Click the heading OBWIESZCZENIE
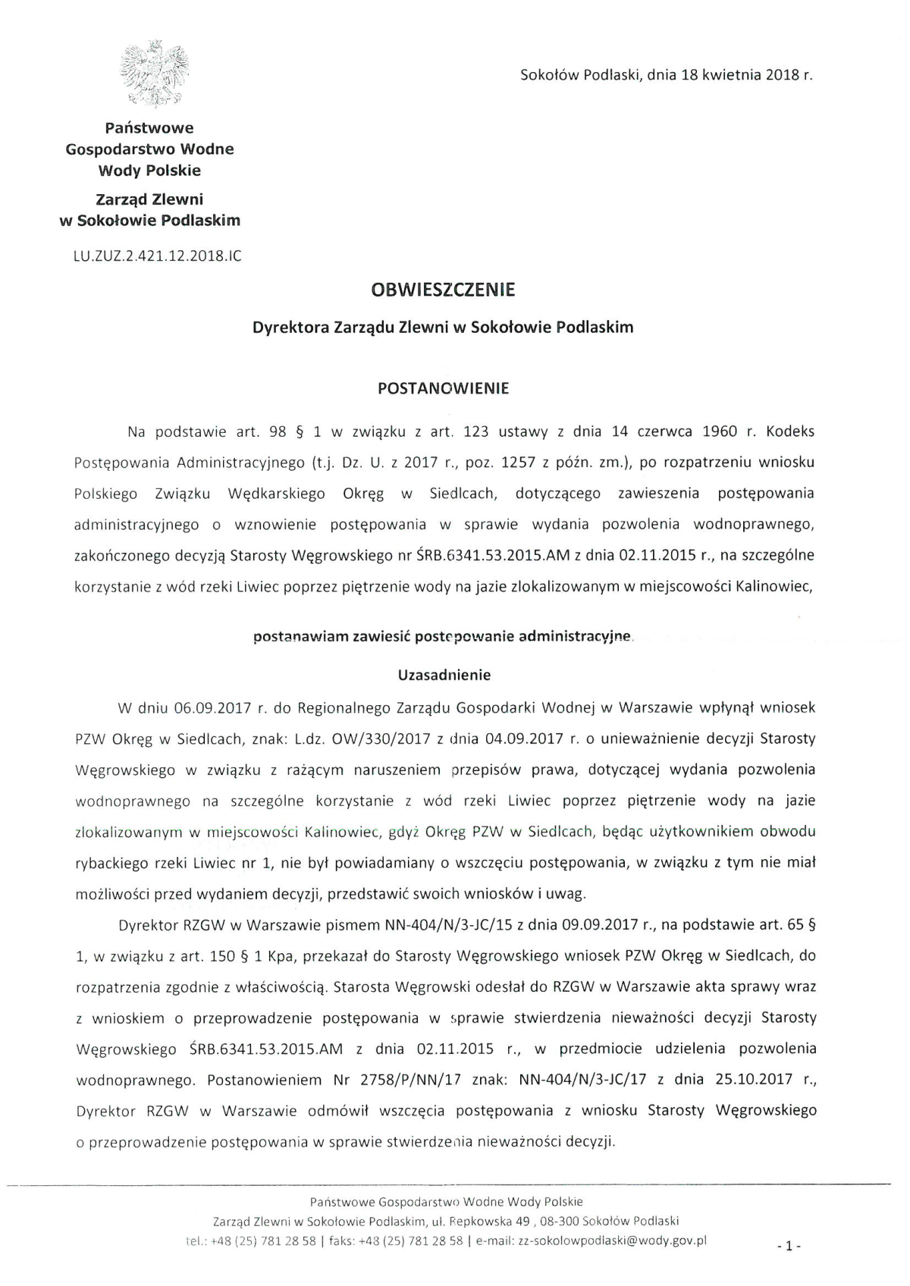tap(443, 290)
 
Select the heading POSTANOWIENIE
tap(443, 388)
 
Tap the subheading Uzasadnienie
tap(444, 675)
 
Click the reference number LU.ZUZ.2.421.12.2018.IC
tap(157, 256)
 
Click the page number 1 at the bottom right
tap(789, 1245)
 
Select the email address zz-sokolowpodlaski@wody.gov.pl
tap(612, 1241)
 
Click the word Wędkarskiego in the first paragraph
tap(276, 494)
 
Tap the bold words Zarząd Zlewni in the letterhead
tap(149, 199)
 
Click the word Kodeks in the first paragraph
tap(790, 432)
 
